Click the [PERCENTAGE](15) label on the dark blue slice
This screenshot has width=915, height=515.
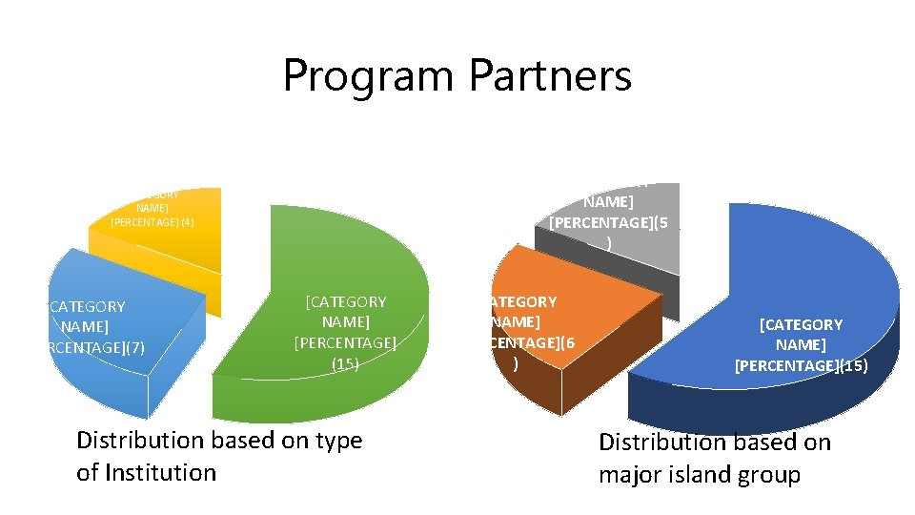[801, 364]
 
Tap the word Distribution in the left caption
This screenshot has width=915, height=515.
[140, 441]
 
